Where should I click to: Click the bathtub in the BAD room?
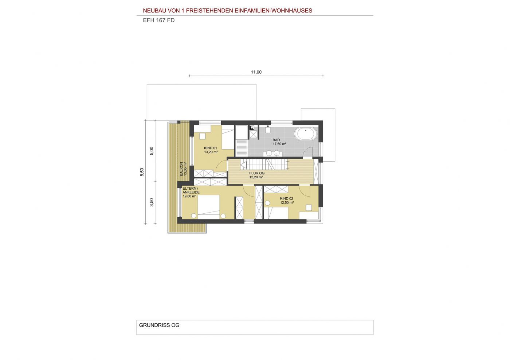[x=306, y=134]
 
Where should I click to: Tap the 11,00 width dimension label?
[x=256, y=72]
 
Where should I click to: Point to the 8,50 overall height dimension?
[x=142, y=172]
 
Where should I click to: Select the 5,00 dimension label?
[x=152, y=151]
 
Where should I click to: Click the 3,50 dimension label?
[x=152, y=202]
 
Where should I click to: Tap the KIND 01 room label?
[x=211, y=148]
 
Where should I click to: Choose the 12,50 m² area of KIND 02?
[x=287, y=202]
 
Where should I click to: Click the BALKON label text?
[x=181, y=169]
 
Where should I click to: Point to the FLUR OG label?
[x=257, y=173]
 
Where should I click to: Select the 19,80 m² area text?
[x=189, y=196]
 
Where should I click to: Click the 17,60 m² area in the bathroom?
[x=279, y=144]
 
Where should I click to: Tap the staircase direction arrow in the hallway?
[x=244, y=164]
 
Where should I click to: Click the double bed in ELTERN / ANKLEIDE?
[x=208, y=207]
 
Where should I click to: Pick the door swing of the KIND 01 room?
[x=221, y=166]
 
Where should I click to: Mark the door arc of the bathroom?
[x=308, y=152]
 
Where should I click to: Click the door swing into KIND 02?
[x=305, y=191]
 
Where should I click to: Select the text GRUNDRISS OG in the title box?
[x=159, y=325]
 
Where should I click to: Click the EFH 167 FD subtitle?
[x=159, y=20]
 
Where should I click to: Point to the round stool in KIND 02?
[x=267, y=203]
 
